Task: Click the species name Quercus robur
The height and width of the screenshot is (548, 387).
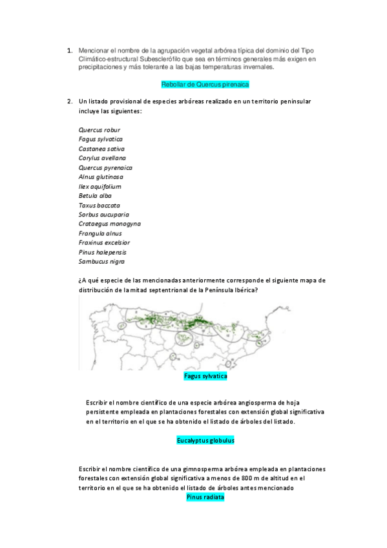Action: point(99,130)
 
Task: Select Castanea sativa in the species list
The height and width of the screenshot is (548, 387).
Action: point(101,149)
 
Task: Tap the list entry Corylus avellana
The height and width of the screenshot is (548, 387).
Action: point(102,158)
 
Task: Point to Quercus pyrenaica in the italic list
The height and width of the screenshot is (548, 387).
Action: point(105,167)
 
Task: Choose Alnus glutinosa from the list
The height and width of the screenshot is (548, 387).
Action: point(101,176)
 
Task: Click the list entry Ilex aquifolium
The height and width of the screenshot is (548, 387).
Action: point(99,186)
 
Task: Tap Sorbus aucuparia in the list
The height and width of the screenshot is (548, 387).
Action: point(103,214)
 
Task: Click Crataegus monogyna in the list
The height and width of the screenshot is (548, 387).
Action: point(109,224)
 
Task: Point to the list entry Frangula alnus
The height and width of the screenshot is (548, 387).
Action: point(100,233)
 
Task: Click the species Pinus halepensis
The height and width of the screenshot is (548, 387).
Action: point(102,252)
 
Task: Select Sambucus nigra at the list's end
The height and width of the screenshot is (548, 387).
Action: point(101,261)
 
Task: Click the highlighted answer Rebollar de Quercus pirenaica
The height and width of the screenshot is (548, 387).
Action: point(205,85)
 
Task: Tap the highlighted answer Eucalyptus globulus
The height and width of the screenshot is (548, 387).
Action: point(205,440)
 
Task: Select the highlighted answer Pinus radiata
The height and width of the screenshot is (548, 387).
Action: point(205,498)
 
